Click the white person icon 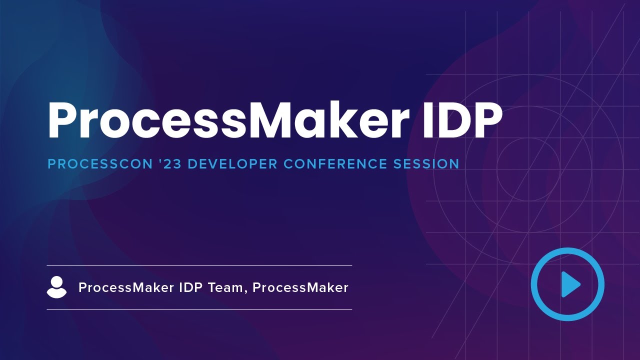coord(56,287)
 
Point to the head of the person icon coord(56,282)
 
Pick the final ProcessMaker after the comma coord(300,287)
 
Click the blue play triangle coord(569,284)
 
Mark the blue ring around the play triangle coord(534,284)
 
